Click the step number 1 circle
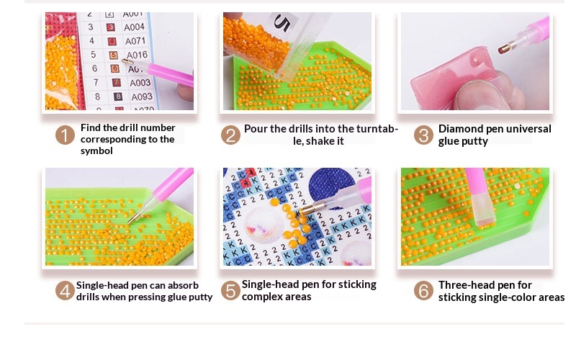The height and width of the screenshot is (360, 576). pyautogui.click(x=65, y=135)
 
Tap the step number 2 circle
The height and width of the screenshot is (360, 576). pyautogui.click(x=230, y=135)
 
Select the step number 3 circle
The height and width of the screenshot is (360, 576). pyautogui.click(x=423, y=135)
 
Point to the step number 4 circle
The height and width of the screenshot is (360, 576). pyautogui.click(x=65, y=291)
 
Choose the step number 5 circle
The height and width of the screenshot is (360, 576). pyautogui.click(x=230, y=291)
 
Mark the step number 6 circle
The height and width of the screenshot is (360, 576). pyautogui.click(x=423, y=291)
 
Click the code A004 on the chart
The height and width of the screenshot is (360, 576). pyautogui.click(x=134, y=27)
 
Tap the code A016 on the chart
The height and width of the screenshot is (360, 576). pyautogui.click(x=137, y=55)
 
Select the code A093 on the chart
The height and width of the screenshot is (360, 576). pyautogui.click(x=142, y=97)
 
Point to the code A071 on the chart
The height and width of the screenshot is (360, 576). pyautogui.click(x=135, y=41)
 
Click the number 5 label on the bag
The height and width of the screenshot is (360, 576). pyautogui.click(x=282, y=23)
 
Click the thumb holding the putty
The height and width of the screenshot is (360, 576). pyautogui.click(x=481, y=96)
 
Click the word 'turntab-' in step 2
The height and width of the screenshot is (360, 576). pyautogui.click(x=375, y=129)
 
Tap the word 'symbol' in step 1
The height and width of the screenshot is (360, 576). pyautogui.click(x=96, y=151)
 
